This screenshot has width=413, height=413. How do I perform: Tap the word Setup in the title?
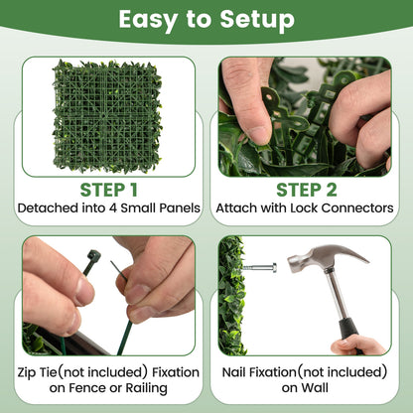253,19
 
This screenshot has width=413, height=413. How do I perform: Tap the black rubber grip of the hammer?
346,325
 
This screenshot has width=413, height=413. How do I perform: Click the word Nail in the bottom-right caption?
239,372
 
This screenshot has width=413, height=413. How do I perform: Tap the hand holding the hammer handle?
361,345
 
